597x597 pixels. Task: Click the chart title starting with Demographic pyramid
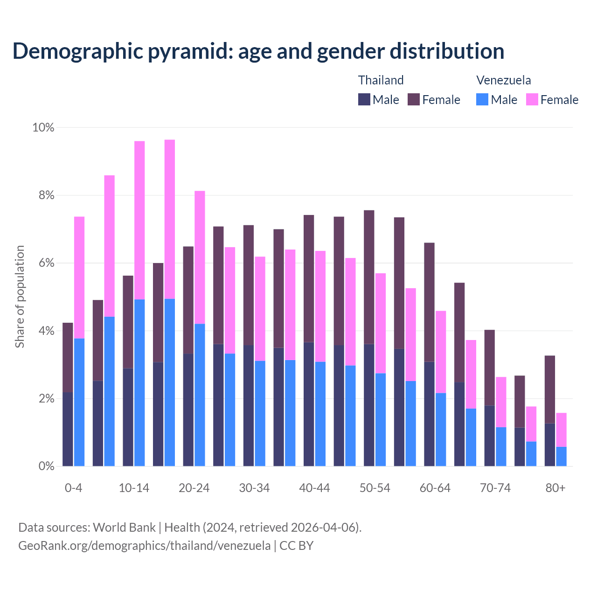pos(258,51)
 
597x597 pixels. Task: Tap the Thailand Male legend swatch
pos(364,99)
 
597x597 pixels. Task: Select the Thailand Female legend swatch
pos(414,99)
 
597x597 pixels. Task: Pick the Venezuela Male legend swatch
pos(482,99)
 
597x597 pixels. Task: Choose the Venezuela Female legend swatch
pos(532,99)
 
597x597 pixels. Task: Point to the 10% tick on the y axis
pos(43,127)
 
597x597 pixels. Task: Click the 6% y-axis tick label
pos(46,263)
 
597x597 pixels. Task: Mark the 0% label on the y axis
pos(46,466)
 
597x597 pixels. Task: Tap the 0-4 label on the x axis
pos(73,488)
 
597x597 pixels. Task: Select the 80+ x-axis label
pos(555,488)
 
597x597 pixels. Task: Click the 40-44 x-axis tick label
pos(314,488)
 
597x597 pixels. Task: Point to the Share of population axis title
pos(20,297)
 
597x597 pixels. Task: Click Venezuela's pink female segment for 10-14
pos(139,220)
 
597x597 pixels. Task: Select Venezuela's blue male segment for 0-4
pos(79,402)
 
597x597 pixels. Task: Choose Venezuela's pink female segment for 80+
pos(562,430)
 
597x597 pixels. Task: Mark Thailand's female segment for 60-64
pos(429,302)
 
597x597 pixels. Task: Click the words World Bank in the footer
pos(124,528)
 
